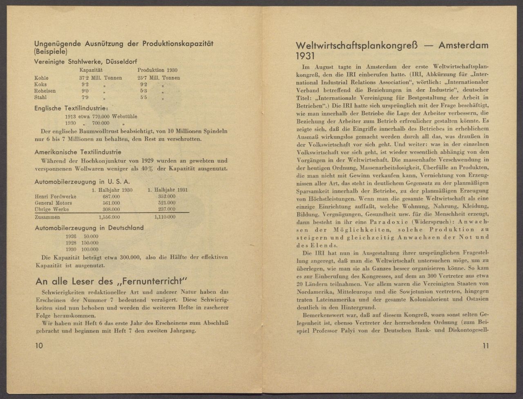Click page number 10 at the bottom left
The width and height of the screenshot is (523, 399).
coord(39,345)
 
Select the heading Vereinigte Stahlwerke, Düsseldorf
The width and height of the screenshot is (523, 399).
coord(86,62)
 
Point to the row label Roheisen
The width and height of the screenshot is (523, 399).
coord(45,91)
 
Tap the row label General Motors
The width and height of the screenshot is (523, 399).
coord(54,203)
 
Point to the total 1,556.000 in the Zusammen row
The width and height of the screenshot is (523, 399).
coord(110,217)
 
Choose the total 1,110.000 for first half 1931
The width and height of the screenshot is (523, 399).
coord(165,217)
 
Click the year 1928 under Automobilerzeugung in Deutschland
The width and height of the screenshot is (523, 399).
coord(71,242)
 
